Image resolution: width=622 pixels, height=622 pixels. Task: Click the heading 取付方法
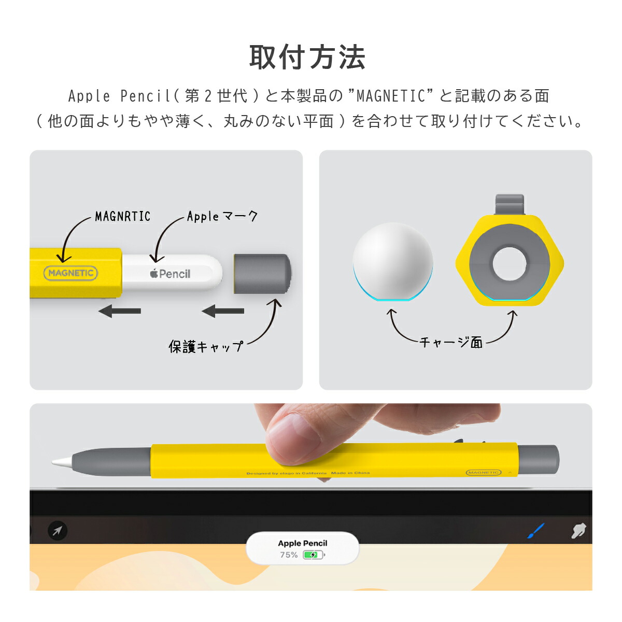pos(307,58)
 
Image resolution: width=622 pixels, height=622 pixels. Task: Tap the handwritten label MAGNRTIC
pos(122,216)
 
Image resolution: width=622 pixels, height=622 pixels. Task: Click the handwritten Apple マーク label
pos(222,216)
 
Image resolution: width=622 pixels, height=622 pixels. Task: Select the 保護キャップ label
pos(206,346)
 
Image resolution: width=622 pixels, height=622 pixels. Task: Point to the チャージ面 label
pos(451,342)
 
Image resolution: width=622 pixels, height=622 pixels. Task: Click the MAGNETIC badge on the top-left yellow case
pos(70,273)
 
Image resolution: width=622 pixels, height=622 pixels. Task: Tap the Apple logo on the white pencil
pos(154,273)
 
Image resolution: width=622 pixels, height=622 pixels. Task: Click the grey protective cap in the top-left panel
pos(261,274)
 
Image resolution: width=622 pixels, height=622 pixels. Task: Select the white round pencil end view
pos(392,262)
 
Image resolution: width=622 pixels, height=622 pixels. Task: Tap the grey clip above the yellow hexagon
pos(510,204)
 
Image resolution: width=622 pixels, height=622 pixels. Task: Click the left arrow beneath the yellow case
pos(120,311)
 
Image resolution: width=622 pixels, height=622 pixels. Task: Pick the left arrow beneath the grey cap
pos(223,311)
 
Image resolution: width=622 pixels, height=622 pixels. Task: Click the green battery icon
pos(313,555)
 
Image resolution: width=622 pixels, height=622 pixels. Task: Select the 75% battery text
pos(289,555)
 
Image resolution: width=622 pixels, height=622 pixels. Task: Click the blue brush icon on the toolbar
pos(535,531)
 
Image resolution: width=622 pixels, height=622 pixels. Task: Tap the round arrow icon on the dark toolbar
pos(57,530)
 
